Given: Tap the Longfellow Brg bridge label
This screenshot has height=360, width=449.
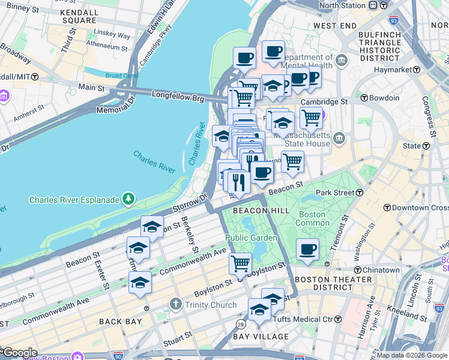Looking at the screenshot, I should [x=178, y=95].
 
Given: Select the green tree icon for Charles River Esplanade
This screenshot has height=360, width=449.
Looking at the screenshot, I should [x=127, y=198].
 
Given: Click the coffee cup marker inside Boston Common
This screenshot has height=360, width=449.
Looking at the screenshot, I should [x=308, y=249].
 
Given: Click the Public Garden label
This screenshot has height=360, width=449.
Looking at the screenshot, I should [x=251, y=238].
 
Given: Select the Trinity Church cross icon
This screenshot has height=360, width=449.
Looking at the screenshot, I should [x=175, y=305].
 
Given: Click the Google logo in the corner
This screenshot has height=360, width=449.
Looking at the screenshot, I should [x=19, y=353].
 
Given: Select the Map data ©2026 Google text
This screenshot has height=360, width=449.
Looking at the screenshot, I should [x=411, y=355].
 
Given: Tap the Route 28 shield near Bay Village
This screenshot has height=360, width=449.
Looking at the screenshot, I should [x=240, y=325].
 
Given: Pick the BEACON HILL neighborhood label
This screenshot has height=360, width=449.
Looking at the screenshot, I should [x=261, y=211].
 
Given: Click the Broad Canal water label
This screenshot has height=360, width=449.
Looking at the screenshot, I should [x=122, y=76].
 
